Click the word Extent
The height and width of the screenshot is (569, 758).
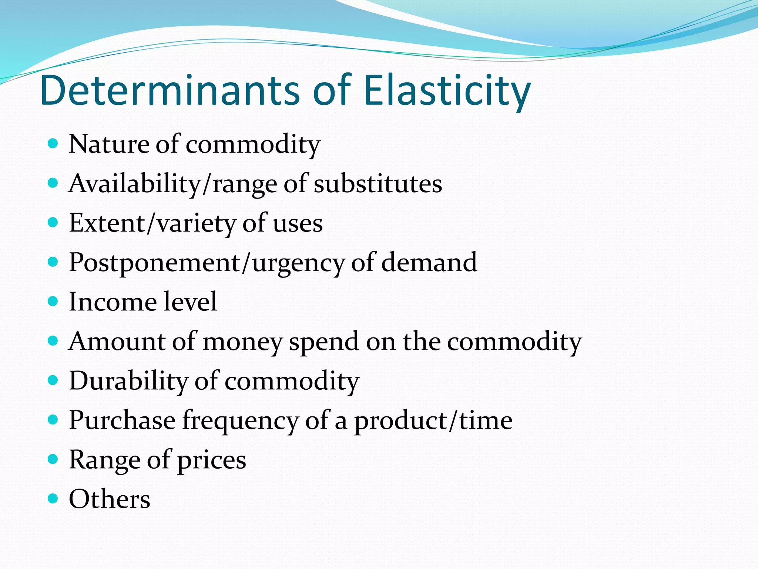click(x=107, y=223)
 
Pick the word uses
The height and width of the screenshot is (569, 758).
click(x=298, y=224)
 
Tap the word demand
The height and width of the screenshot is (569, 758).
click(x=429, y=262)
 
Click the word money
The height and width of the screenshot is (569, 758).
click(x=243, y=342)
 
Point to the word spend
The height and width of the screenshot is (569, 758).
click(x=324, y=342)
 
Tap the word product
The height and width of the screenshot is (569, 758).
click(x=399, y=421)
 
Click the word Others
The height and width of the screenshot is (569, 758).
click(x=110, y=499)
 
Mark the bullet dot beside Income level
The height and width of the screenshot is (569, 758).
click(x=53, y=301)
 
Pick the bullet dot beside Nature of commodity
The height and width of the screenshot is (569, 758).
click(x=53, y=143)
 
